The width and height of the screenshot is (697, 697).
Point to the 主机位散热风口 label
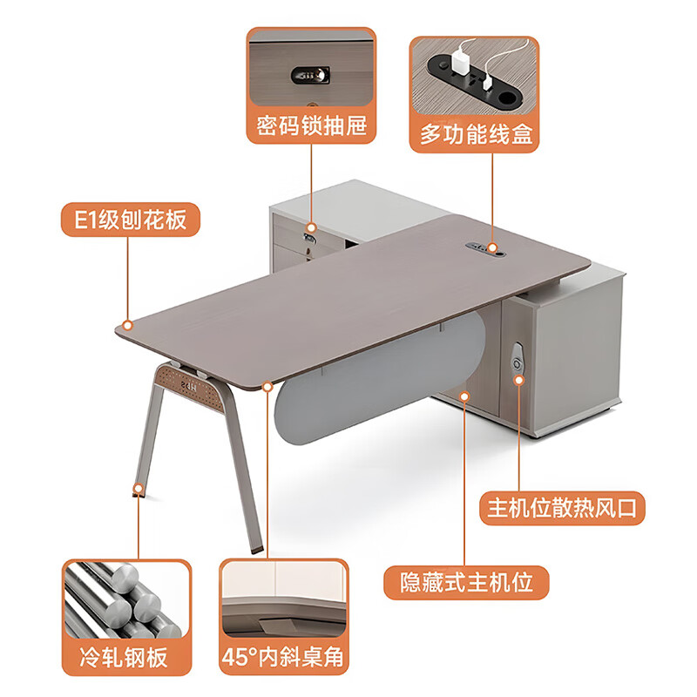pyautogui.click(x=562, y=506)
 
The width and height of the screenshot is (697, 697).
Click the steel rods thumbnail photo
pyautogui.click(x=126, y=599)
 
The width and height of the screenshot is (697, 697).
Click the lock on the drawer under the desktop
pyautogui.click(x=309, y=233)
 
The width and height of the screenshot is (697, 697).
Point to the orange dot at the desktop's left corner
pyautogui.click(x=128, y=325)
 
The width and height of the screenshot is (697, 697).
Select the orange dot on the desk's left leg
pyautogui.click(x=137, y=488)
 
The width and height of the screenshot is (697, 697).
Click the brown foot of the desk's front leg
pyautogui.click(x=255, y=548)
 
